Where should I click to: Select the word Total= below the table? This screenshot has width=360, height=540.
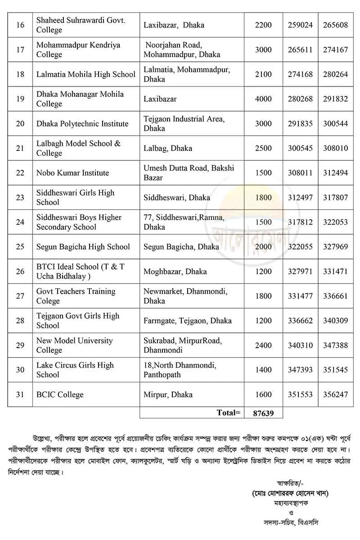point(229,413)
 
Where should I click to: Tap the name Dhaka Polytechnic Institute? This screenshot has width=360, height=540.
point(82,124)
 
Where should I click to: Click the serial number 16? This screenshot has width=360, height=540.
point(20,25)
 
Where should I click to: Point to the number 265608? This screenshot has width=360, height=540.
point(335,25)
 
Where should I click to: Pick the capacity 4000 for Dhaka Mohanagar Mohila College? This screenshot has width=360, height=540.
point(263,99)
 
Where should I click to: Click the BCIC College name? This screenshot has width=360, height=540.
point(60,395)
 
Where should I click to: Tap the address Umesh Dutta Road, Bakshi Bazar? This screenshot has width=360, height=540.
point(189,173)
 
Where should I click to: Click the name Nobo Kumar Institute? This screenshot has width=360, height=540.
point(72,173)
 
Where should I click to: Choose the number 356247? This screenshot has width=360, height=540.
point(335,395)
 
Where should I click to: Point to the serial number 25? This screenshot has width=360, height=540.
point(20,247)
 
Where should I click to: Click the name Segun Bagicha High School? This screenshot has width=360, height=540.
point(83,247)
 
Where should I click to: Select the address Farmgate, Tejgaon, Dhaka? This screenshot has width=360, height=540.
point(188,321)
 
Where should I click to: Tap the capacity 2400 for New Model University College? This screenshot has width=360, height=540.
point(263,345)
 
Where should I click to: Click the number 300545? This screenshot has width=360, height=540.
point(300,148)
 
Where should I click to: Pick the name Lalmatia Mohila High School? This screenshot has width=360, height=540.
point(86,74)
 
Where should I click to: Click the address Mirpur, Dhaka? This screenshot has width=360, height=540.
point(168,395)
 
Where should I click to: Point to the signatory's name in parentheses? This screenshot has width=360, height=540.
point(291,493)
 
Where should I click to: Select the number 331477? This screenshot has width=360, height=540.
point(300,296)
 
